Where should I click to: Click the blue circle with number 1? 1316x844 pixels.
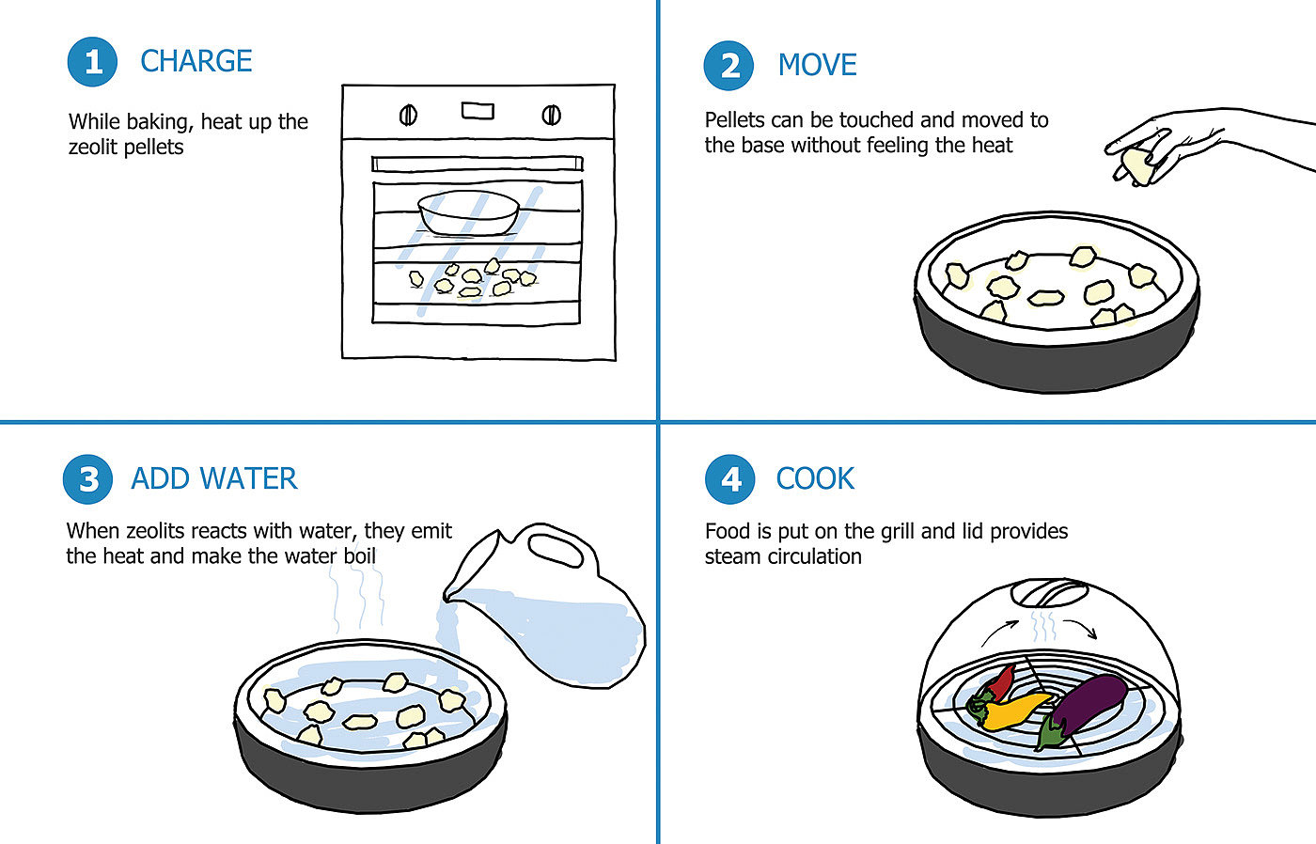pyautogui.click(x=92, y=62)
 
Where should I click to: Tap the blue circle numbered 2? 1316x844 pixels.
pyautogui.click(x=728, y=65)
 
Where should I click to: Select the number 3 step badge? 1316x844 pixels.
pyautogui.click(x=87, y=479)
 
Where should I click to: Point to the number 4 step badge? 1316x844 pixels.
pyautogui.click(x=729, y=479)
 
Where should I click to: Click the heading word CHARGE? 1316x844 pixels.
pyautogui.click(x=196, y=61)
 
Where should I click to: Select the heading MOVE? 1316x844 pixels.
pyautogui.click(x=817, y=65)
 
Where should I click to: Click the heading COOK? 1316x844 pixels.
pyautogui.click(x=815, y=478)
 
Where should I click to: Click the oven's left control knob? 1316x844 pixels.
pyautogui.click(x=408, y=115)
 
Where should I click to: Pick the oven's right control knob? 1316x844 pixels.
pyautogui.click(x=551, y=115)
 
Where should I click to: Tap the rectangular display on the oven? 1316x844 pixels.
pyautogui.click(x=478, y=111)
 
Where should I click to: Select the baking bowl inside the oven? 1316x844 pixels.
pyautogui.click(x=469, y=212)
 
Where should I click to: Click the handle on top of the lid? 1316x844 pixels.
pyautogui.click(x=1049, y=593)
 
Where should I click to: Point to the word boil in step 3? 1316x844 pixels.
pyautogui.click(x=359, y=555)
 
